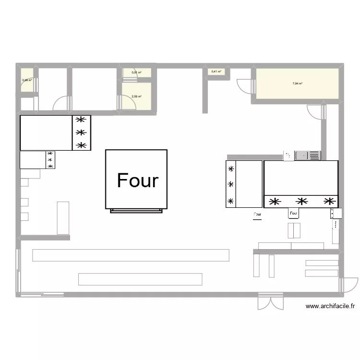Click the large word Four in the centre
coord(137,181)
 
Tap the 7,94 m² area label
coord(297,84)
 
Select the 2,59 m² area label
coord(136,96)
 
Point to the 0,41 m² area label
coord(216,72)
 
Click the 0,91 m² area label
coord(136,72)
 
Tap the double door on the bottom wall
coord(270,303)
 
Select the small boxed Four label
coord(294,213)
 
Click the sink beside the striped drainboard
coord(301,156)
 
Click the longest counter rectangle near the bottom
coord(131,255)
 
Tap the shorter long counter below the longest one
coord(140,279)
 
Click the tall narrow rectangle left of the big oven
coord(63,218)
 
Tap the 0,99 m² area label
coord(27,80)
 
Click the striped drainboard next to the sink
coord(314,156)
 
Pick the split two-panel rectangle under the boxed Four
coord(294,230)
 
